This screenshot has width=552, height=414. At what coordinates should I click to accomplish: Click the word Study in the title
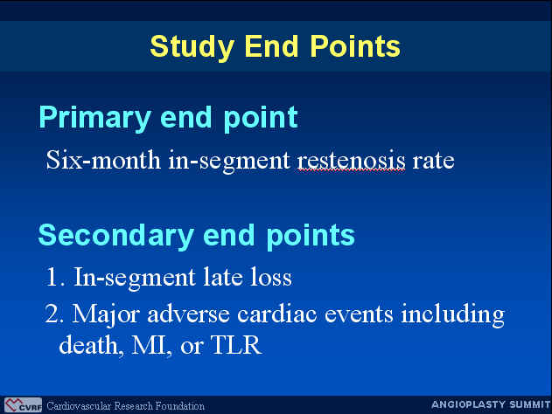(192, 47)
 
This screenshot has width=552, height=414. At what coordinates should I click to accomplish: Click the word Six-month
(103, 160)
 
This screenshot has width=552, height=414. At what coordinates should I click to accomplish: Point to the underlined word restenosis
(352, 161)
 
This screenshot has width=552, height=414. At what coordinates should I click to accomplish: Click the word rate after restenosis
(433, 162)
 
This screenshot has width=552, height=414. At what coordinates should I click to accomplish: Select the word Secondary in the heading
(115, 237)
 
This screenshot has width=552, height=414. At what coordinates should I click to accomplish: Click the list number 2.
(54, 314)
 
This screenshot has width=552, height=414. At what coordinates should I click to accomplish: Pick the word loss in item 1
(271, 277)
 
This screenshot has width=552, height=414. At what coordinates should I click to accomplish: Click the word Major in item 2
(106, 314)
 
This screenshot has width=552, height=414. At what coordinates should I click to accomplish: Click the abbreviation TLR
(236, 345)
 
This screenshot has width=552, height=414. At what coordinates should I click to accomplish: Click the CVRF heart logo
(23, 405)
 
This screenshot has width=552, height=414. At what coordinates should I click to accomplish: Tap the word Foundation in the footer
(179, 406)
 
